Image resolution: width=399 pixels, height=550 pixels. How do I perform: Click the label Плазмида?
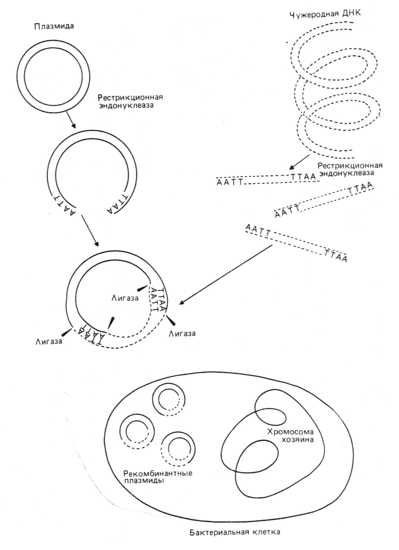54,26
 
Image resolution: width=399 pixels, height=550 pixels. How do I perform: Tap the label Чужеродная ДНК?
325,14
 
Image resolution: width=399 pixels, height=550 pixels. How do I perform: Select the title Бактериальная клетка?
235,532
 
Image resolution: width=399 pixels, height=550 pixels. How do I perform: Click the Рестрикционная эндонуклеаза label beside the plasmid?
130,101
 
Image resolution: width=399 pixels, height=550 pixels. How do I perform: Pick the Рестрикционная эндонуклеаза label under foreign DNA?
350,169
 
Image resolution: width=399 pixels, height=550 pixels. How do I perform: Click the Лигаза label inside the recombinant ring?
125,298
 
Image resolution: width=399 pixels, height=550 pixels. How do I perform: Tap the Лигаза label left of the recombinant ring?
49,341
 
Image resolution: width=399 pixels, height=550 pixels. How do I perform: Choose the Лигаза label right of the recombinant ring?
182,333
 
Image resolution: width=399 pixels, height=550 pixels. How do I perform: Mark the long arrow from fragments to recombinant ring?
226,275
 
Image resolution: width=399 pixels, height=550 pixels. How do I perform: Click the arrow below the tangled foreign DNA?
299,162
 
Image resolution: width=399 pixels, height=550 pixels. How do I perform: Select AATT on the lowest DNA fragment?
258,230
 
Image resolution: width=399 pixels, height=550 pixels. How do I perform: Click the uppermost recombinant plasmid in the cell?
169,400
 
